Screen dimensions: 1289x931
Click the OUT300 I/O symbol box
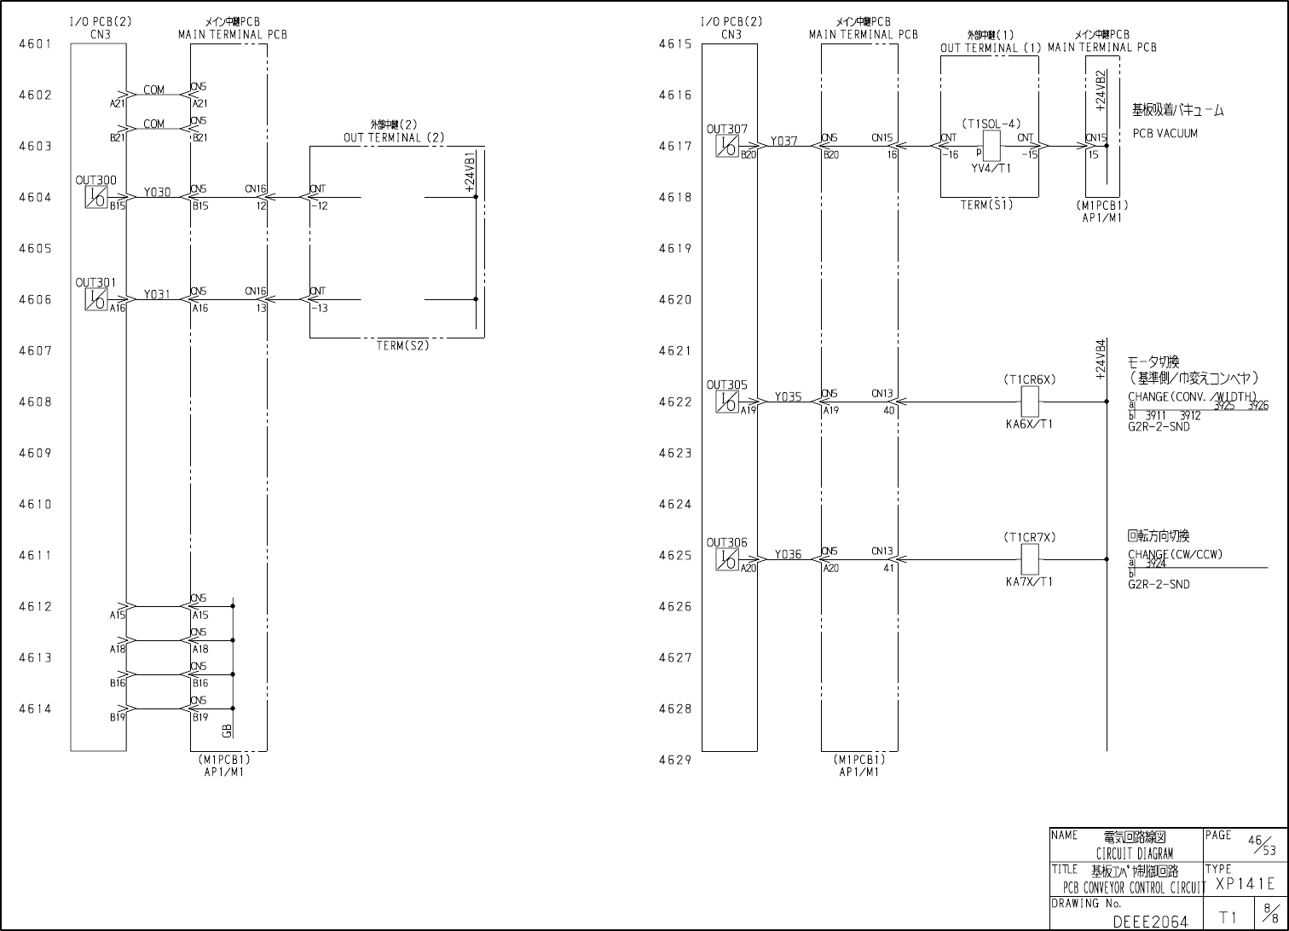(x=96, y=198)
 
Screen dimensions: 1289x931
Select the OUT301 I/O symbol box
(x=96, y=300)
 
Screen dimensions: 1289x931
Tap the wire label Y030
(x=157, y=193)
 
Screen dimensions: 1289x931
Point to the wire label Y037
(x=784, y=142)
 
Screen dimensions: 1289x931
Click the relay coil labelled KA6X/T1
(x=1030, y=401)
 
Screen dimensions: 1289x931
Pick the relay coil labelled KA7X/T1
(x=1030, y=559)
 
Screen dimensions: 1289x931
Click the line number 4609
(x=35, y=454)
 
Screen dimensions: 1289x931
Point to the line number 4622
(x=675, y=402)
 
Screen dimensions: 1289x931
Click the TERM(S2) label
(x=402, y=346)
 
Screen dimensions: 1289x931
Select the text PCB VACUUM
(x=1165, y=134)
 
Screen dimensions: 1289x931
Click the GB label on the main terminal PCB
(x=226, y=731)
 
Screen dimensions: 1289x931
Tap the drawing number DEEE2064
(x=1150, y=922)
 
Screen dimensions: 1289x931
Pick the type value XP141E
(x=1245, y=885)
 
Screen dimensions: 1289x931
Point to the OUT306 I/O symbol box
(x=727, y=560)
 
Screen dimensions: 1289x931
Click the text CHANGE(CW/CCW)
(x=1175, y=555)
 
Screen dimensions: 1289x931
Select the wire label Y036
(x=788, y=555)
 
